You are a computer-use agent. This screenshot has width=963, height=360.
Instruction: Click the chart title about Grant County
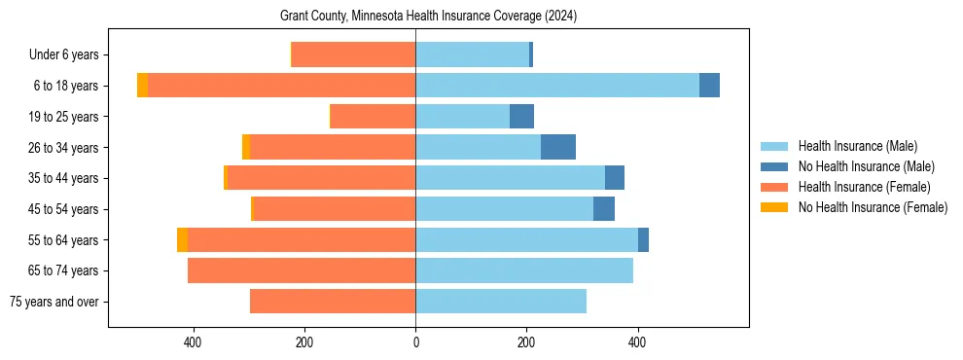pyautogui.click(x=428, y=17)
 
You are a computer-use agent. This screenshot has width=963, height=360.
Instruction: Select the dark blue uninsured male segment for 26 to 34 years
pyautogui.click(x=558, y=147)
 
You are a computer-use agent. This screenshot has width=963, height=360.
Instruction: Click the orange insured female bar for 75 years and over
pyautogui.click(x=333, y=302)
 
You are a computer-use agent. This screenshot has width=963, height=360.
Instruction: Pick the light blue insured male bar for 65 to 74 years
pyautogui.click(x=524, y=270)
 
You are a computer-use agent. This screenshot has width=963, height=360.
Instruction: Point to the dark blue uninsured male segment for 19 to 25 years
pyautogui.click(x=522, y=117)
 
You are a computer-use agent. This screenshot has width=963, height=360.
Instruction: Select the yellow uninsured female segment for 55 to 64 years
pyautogui.click(x=182, y=239)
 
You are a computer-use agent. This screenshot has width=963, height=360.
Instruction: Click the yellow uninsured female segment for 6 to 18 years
pyautogui.click(x=142, y=86)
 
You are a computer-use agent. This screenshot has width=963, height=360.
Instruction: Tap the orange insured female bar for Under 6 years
pyautogui.click(x=353, y=54)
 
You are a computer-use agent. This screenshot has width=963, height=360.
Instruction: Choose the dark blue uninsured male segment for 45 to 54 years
pyautogui.click(x=604, y=209)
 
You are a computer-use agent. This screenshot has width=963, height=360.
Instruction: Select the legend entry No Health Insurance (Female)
pyautogui.click(x=873, y=207)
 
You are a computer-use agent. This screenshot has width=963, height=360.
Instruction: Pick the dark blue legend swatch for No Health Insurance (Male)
pyautogui.click(x=774, y=166)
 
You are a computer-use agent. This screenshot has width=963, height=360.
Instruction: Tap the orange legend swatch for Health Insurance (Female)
pyautogui.click(x=774, y=187)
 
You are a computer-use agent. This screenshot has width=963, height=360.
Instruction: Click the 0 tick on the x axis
pyautogui.click(x=415, y=342)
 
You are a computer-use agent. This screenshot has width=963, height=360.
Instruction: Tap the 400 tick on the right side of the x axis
pyautogui.click(x=638, y=342)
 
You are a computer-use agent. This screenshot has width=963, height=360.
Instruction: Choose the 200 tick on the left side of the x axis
pyautogui.click(x=304, y=342)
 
